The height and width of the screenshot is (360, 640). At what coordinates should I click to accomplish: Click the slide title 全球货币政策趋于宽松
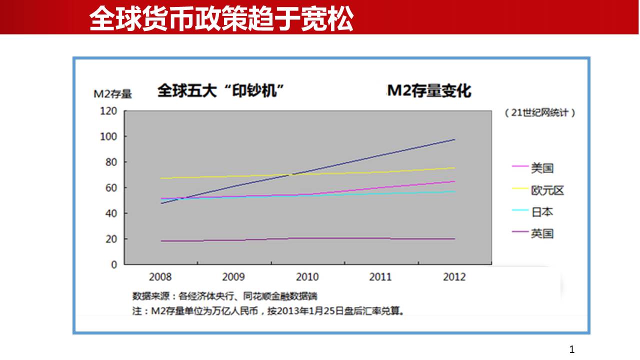[221, 18]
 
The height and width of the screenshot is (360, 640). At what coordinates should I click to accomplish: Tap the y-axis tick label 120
[108, 110]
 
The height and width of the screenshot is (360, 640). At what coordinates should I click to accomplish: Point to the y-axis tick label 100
[108, 136]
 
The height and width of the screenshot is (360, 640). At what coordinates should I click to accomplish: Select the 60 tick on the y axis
[111, 188]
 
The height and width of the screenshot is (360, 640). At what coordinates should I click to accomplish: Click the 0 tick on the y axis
[114, 264]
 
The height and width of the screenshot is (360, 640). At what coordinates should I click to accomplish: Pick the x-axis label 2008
[160, 277]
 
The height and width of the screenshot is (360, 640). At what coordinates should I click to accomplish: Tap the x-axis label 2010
[307, 277]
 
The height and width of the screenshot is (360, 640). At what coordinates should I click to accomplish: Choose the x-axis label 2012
[454, 277]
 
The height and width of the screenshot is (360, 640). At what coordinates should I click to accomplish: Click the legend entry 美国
[542, 168]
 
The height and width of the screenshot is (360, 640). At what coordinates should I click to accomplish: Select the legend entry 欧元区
[547, 190]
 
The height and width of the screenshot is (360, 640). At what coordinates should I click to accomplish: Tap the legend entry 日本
[542, 212]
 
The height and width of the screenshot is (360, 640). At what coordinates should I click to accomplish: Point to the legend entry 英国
[542, 233]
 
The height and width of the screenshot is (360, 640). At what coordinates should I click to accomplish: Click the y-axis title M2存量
[112, 93]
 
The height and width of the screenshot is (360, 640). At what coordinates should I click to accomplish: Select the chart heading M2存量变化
[429, 91]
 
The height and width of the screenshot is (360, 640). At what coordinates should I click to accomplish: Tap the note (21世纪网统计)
[540, 113]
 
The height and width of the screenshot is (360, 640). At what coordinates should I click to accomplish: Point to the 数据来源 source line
[224, 296]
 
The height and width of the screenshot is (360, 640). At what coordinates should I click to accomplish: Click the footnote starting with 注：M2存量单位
[268, 311]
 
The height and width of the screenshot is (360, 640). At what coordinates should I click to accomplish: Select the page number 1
[572, 349]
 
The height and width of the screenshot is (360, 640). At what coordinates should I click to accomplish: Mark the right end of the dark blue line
[454, 139]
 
